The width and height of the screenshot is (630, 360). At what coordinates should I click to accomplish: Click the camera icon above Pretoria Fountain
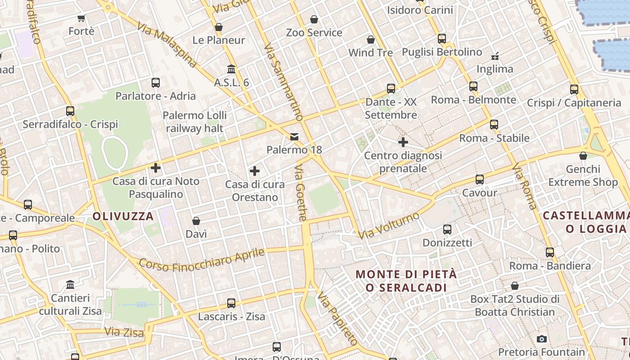tap(542, 339)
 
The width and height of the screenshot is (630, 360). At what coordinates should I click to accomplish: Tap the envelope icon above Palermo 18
tap(294, 136)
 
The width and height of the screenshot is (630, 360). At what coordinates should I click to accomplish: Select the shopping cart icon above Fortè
tap(81, 18)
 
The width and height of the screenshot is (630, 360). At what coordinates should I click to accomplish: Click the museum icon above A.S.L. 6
tap(232, 69)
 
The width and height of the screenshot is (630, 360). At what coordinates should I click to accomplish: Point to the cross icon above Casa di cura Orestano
tap(255, 171)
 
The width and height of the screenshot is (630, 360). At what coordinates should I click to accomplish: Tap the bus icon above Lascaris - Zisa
tap(231, 303)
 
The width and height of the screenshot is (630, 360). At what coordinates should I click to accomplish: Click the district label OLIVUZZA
tap(123, 216)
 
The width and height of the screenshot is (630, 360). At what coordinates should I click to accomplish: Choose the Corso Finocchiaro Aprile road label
tap(202, 260)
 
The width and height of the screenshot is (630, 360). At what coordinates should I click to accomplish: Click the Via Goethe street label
tap(301, 193)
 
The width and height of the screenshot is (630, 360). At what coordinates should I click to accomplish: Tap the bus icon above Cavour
tap(480, 180)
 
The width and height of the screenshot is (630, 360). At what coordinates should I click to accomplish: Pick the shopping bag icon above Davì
tap(196, 221)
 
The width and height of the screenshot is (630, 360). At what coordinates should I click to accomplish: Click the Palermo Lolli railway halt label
tap(195, 121)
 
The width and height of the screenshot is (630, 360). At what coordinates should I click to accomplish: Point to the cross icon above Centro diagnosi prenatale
tap(403, 142)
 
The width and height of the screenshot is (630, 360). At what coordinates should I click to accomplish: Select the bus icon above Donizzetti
tap(447, 229)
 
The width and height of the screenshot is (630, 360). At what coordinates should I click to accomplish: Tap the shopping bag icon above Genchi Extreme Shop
tap(583, 156)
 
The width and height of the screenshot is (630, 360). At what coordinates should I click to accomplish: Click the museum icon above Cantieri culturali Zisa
tap(70, 285)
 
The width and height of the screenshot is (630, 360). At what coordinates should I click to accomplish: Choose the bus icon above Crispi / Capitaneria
tap(574, 90)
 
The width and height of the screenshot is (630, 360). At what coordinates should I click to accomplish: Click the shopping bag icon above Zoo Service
tap(314, 19)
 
